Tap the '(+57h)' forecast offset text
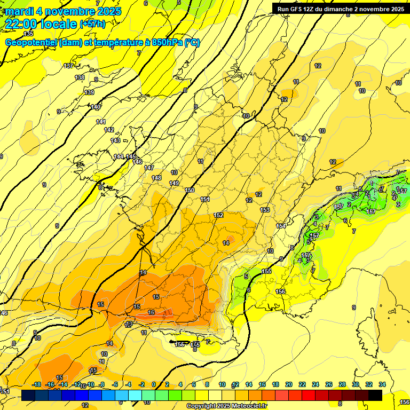pyautogui.click(x=92, y=24)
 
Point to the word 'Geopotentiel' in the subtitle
pyautogui.click(x=31, y=43)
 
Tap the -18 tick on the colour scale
pyautogui.click(x=37, y=384)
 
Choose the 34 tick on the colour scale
pyautogui.click(x=382, y=384)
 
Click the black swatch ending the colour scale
pyautogui.click(x=375, y=395)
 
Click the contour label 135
pyautogui.click(x=28, y=34)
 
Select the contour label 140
pyautogui.click(x=95, y=107)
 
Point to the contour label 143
pyautogui.click(x=115, y=140)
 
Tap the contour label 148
pyautogui.click(x=156, y=178)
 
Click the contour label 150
pyautogui.click(x=190, y=190)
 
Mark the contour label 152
pyautogui.click(x=218, y=215)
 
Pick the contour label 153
pyautogui.click(x=265, y=210)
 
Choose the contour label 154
pyautogui.click(x=281, y=226)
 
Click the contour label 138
pyautogui.click(x=80, y=78)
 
